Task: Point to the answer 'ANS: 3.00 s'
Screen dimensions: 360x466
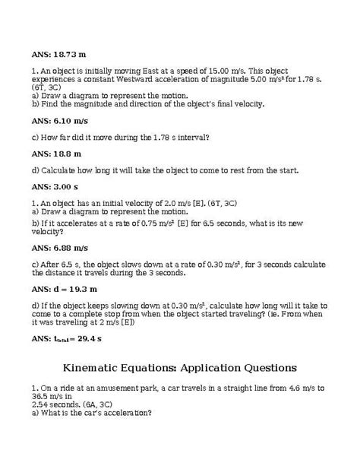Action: tap(55, 185)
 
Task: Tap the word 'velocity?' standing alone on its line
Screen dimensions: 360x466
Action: tap(49, 232)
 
